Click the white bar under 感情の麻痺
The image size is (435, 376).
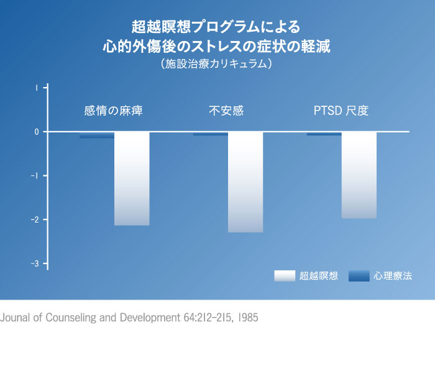click(x=132, y=178)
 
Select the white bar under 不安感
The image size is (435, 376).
click(x=245, y=182)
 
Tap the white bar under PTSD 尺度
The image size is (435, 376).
click(x=359, y=175)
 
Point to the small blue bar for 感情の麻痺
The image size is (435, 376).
click(x=96, y=135)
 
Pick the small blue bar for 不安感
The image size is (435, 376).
click(x=210, y=134)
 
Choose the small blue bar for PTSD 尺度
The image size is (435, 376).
click(x=324, y=134)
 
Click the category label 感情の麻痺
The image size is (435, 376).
click(x=114, y=111)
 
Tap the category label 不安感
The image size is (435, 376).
click(x=226, y=111)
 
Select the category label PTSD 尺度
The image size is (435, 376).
click(x=341, y=111)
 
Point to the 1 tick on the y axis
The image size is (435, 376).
click(x=37, y=88)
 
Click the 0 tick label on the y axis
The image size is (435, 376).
click(x=37, y=132)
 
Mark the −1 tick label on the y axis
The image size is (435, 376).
click(x=36, y=176)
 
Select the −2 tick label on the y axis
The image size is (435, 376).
click(x=36, y=220)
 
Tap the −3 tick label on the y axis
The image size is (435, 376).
click(x=36, y=264)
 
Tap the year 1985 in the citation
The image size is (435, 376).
click(x=246, y=318)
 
